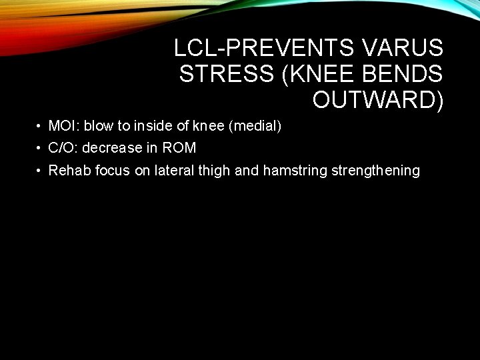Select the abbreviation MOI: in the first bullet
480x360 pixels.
point(65,125)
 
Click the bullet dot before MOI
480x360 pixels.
point(41,126)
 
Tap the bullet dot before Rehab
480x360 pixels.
point(41,171)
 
